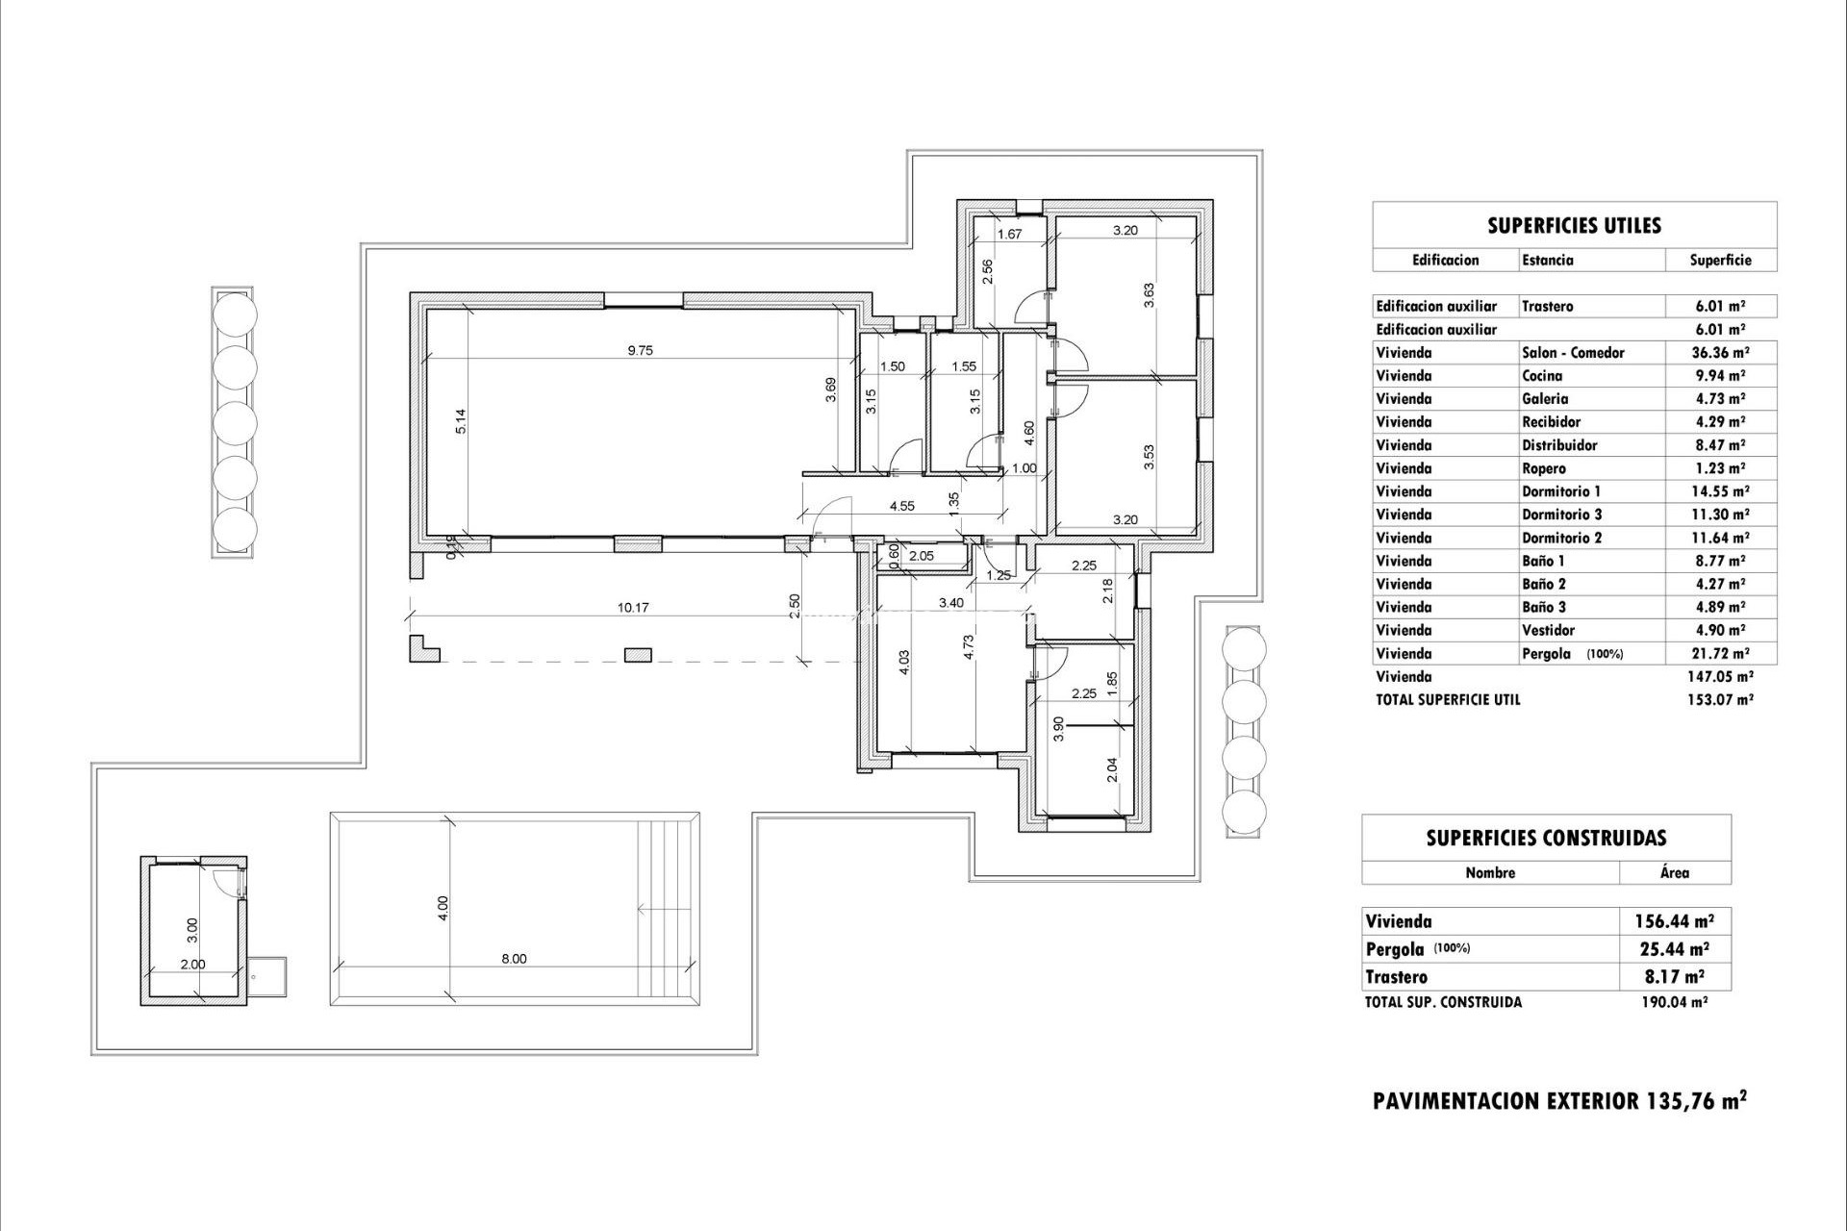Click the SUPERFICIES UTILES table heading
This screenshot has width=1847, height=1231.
click(1574, 226)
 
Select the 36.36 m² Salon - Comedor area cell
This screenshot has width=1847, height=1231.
click(1719, 353)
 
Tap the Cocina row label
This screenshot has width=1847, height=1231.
click(1542, 376)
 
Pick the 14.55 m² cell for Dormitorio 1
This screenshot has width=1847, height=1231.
click(1719, 491)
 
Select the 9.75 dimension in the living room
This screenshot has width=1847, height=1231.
click(640, 351)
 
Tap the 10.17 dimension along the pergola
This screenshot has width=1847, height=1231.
click(632, 608)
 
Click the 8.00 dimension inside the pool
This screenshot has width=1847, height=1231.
click(514, 959)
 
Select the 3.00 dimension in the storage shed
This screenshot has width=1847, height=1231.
click(192, 929)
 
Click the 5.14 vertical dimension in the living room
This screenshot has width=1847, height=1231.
click(461, 422)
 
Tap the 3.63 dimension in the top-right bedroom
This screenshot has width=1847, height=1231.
click(1149, 295)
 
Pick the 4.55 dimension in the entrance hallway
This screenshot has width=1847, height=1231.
click(901, 506)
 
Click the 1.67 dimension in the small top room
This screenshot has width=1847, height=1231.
click(1008, 234)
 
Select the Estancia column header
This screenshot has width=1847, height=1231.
click(1548, 260)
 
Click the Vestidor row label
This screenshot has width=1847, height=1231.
click(1548, 630)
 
